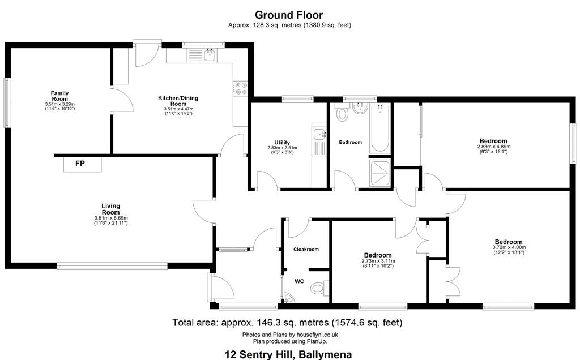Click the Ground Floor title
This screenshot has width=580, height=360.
tap(289, 15)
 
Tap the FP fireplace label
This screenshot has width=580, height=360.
tap(80, 164)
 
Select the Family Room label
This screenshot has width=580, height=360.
tap(59, 96)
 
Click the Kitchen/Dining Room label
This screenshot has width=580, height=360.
tap(178, 101)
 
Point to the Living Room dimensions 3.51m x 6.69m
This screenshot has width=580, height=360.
tap(111, 218)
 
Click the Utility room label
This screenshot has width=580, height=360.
tap(282, 142)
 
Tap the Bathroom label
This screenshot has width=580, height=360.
tap(350, 142)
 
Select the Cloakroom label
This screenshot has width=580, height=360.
tap(306, 250)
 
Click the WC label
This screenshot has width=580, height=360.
tap(299, 281)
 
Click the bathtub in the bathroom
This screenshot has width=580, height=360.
tap(379, 128)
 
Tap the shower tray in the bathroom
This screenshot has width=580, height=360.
tap(379, 173)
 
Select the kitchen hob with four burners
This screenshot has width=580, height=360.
tap(241, 88)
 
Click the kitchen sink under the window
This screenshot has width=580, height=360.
tap(210, 55)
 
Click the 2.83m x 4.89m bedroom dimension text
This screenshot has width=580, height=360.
tap(493, 147)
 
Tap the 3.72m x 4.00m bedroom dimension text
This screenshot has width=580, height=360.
tap(509, 247)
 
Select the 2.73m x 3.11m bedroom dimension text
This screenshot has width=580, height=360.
tap(378, 261)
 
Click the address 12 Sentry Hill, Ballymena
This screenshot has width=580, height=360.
tap(288, 354)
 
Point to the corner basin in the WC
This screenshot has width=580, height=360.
tap(287, 298)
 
